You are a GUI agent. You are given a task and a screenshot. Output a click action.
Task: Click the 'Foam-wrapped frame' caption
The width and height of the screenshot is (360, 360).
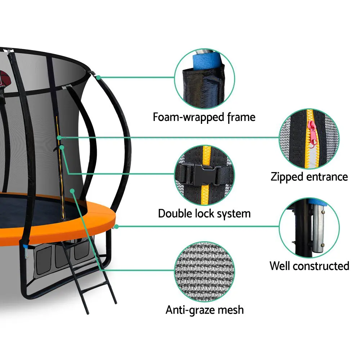204,117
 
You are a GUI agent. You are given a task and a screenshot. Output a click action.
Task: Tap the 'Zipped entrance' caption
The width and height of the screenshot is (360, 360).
309,177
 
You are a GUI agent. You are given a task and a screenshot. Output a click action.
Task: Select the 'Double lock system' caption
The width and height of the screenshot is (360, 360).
204,213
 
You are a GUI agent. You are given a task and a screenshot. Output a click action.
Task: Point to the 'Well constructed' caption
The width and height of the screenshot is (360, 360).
309,266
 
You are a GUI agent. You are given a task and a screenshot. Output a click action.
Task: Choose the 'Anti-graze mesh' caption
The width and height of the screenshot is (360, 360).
204,310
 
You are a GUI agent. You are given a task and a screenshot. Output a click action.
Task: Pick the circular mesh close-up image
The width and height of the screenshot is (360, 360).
204,271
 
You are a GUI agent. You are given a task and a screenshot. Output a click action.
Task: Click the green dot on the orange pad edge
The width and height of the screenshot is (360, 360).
116,227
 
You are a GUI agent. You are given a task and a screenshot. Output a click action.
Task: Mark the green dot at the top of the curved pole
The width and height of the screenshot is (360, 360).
98,78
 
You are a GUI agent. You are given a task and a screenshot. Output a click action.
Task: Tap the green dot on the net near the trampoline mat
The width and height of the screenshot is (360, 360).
72,191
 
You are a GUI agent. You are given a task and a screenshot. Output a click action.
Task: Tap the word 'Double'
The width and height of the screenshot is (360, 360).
175,213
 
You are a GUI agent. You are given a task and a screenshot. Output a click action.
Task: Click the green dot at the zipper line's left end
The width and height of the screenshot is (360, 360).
59,138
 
